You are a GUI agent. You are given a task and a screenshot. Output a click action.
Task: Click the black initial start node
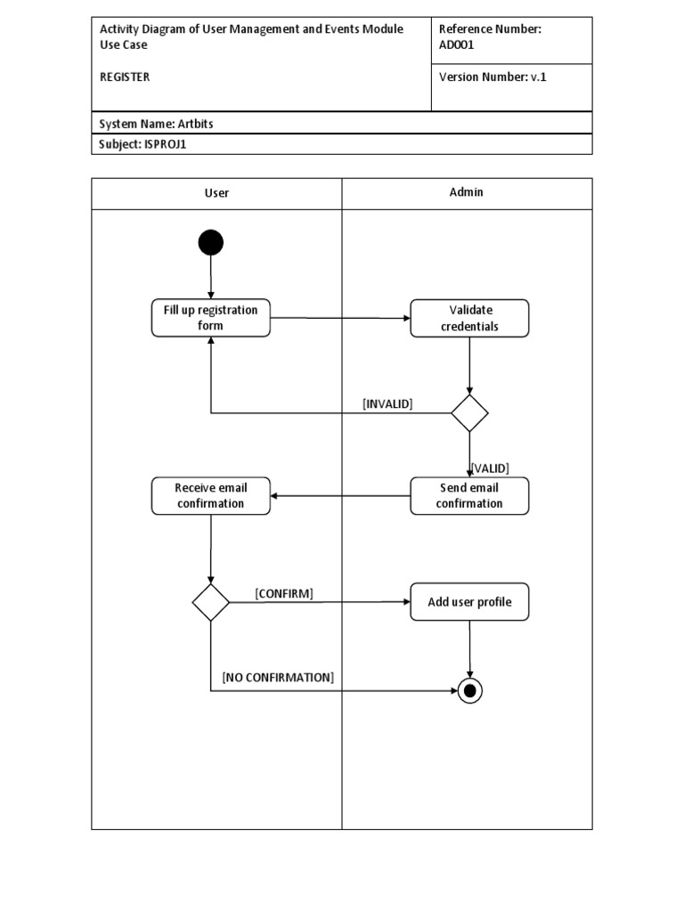pyautogui.click(x=211, y=242)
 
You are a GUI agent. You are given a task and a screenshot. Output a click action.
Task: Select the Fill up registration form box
pyautogui.click(x=211, y=318)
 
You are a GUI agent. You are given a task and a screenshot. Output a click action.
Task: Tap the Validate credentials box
pyautogui.click(x=469, y=318)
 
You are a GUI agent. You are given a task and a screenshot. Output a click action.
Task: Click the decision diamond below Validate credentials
pyautogui.click(x=469, y=413)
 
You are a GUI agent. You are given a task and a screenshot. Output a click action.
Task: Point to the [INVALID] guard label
pyautogui.click(x=387, y=403)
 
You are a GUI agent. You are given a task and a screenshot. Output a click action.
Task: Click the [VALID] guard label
pyautogui.click(x=490, y=468)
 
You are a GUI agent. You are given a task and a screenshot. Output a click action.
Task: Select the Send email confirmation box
pyautogui.click(x=469, y=496)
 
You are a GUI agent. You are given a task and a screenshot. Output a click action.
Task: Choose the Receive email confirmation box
pyautogui.click(x=211, y=496)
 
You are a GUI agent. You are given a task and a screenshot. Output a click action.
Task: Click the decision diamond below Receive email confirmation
pyautogui.click(x=211, y=603)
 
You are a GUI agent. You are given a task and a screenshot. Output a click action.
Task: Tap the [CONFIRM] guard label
pyautogui.click(x=284, y=593)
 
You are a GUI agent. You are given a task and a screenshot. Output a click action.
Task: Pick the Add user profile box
pyautogui.click(x=469, y=602)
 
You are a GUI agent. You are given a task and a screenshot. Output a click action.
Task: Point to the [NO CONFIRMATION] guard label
pyautogui.click(x=278, y=677)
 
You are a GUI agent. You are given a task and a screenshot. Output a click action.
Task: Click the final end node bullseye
pyautogui.click(x=469, y=690)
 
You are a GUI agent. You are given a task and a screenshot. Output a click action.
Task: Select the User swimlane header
pyautogui.click(x=216, y=193)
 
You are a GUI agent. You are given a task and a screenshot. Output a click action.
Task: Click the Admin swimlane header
pyautogui.click(x=467, y=192)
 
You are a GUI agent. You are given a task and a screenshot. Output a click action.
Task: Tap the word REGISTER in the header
pyautogui.click(x=125, y=77)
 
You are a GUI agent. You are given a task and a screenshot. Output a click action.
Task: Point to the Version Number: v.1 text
pyautogui.click(x=493, y=77)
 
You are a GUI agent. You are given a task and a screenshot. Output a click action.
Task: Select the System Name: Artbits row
pyautogui.click(x=157, y=124)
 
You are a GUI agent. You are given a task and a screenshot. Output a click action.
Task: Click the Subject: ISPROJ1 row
pyautogui.click(x=142, y=144)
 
